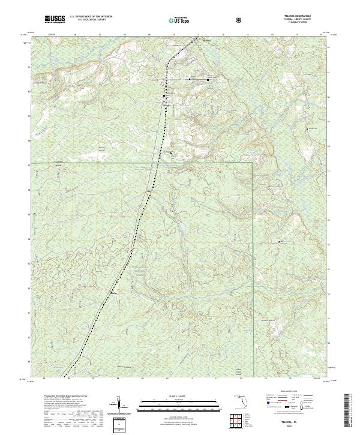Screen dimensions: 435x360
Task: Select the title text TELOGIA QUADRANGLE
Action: click(x=307, y=17)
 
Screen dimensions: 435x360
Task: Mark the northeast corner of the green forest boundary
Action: click(x=253, y=163)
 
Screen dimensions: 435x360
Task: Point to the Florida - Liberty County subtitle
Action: click(x=307, y=20)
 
